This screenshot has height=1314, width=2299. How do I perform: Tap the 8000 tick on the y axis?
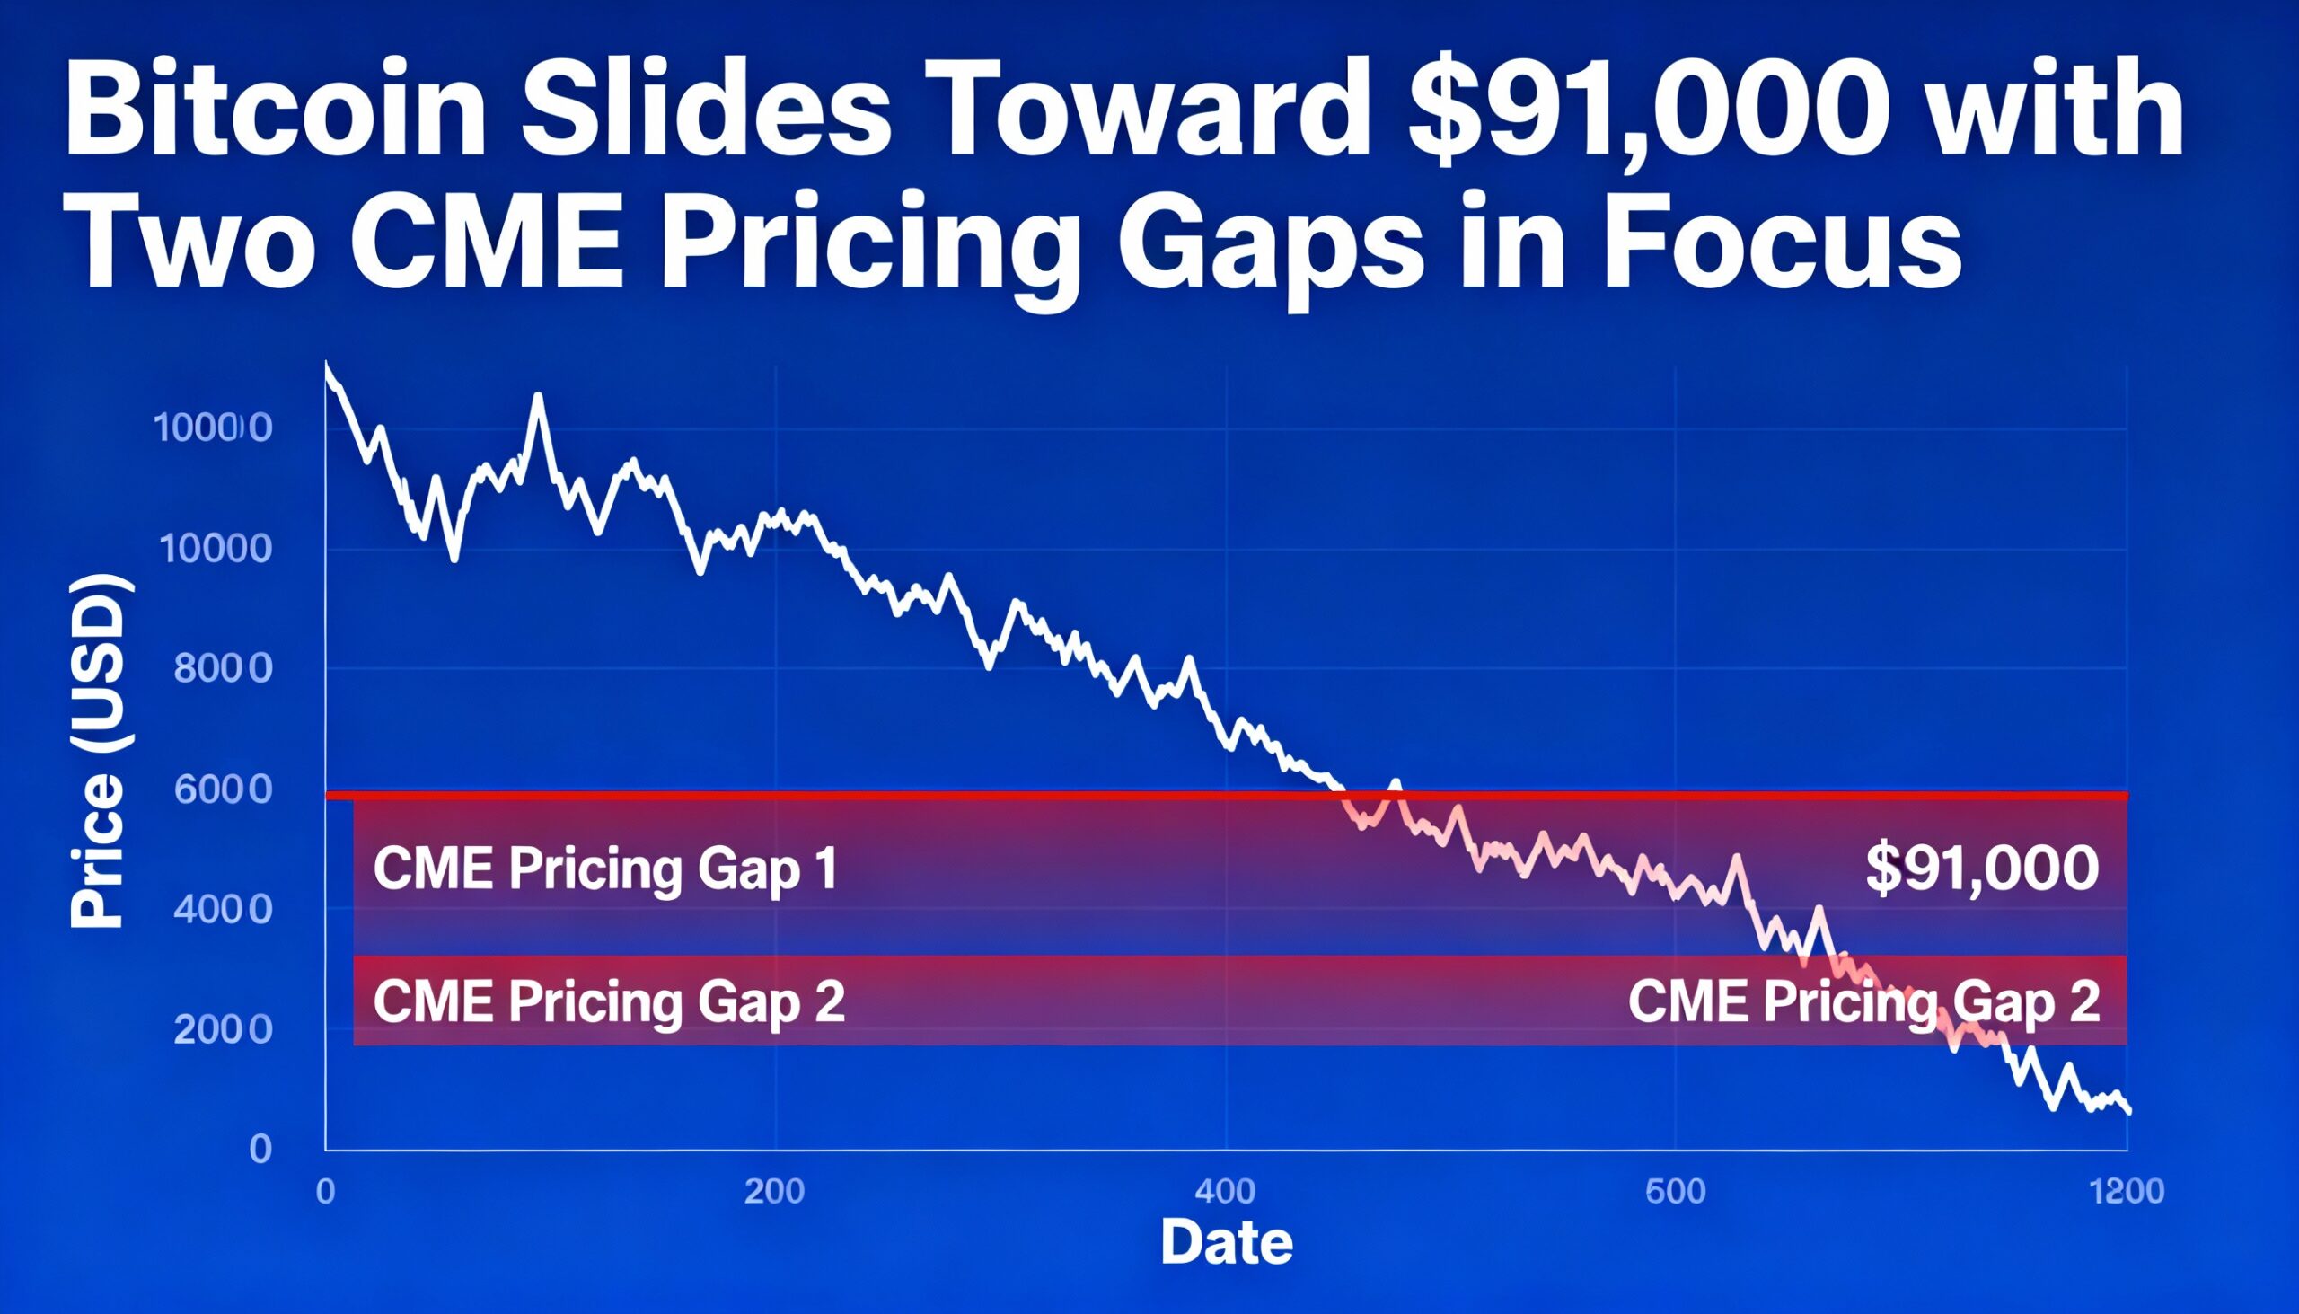pos(222,670)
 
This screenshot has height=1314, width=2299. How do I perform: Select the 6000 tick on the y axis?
pos(222,789)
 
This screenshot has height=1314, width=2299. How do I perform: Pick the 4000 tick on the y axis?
pos(222,910)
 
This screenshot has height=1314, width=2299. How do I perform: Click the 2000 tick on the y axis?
pos(222,1029)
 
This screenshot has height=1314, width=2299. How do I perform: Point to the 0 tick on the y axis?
pos(260,1149)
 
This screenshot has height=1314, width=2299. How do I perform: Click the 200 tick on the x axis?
pos(774,1192)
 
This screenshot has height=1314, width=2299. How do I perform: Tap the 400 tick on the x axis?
pos(1225,1192)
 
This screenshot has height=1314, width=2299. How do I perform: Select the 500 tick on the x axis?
pos(1676,1192)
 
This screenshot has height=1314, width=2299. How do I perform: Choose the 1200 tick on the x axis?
pos(2127,1192)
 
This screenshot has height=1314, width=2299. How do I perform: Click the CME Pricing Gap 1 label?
pos(605,869)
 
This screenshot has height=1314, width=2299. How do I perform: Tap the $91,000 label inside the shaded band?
pos(1982,869)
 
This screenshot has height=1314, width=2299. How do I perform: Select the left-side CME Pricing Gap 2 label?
pos(609,1001)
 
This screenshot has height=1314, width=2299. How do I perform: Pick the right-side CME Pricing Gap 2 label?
pos(1864,1001)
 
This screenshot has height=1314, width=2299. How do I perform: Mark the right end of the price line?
pos(2128,1112)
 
